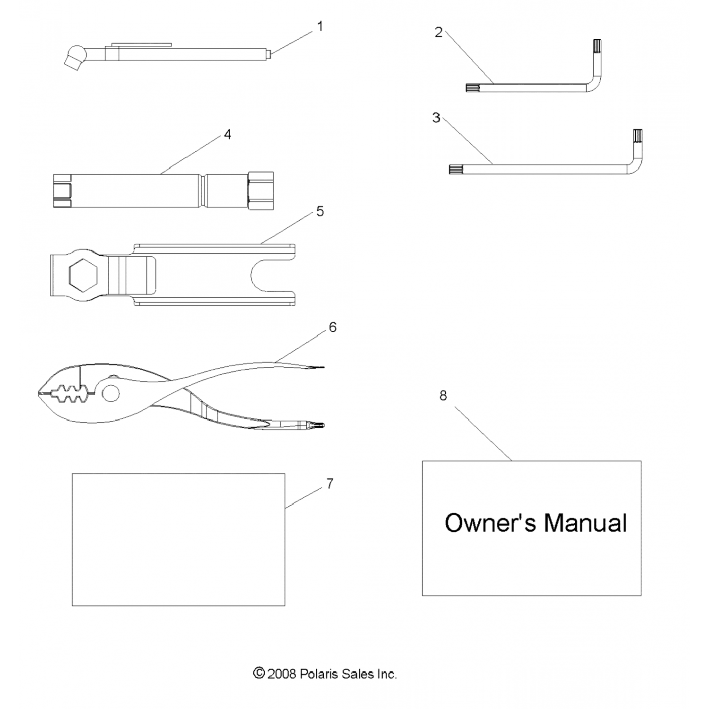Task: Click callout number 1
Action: point(320,26)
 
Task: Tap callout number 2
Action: point(438,32)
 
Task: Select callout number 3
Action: point(436,118)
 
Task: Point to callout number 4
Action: point(227,135)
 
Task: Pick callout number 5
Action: point(320,211)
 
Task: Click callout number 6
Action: point(333,327)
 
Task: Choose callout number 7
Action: point(329,484)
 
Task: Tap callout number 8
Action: point(443,395)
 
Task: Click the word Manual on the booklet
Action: point(585,523)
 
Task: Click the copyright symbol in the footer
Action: point(259,673)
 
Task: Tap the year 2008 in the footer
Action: point(282,674)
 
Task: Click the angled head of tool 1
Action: point(73,57)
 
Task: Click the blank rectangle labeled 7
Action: point(178,539)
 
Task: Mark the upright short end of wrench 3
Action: point(638,142)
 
